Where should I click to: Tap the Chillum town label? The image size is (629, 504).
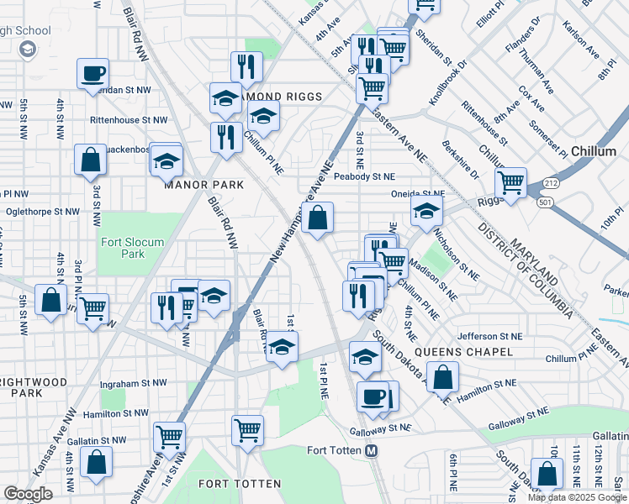(594, 151)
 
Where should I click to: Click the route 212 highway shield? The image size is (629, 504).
(551, 182)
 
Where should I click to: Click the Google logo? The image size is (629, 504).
(28, 494)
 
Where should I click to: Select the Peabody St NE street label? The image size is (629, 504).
(363, 176)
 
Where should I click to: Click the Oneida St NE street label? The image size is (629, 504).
(418, 193)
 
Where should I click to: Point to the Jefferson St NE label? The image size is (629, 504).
(489, 335)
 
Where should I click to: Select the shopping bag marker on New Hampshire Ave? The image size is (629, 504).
(317, 219)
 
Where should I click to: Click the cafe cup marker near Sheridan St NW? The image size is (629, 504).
(92, 73)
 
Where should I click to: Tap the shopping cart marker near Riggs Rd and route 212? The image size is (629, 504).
(510, 181)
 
